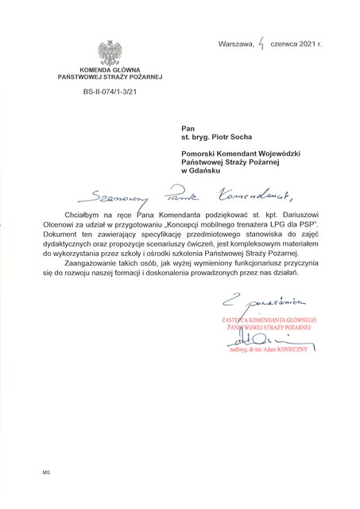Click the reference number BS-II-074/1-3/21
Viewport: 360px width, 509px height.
click(109, 92)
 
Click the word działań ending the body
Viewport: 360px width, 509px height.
click(281, 273)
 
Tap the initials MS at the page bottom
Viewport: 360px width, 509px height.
click(46, 472)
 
